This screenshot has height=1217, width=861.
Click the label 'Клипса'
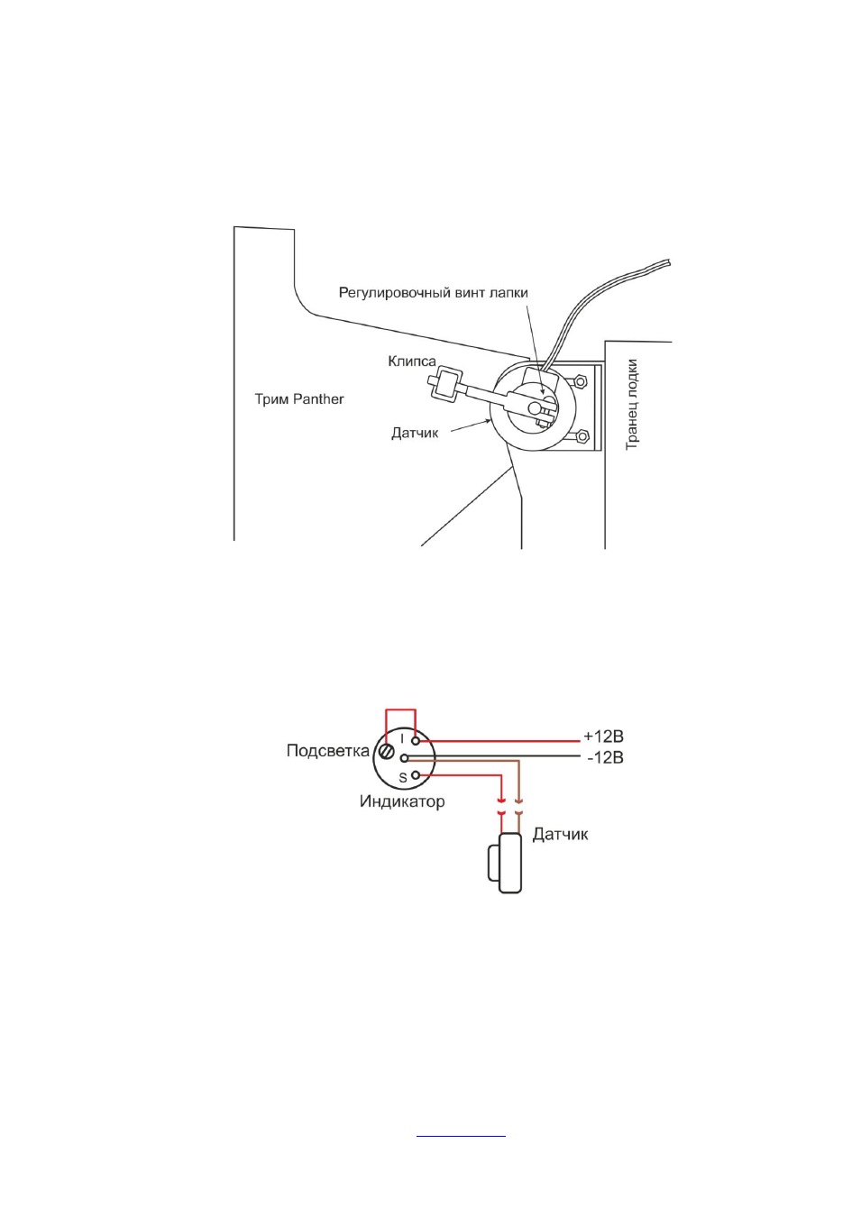tap(412, 361)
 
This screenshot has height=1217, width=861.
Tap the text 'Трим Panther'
tap(299, 399)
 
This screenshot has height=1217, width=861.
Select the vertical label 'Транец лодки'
tap(631, 404)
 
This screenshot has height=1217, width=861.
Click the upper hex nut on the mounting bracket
tap(580, 381)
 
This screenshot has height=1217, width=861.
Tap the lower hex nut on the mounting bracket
tap(582, 435)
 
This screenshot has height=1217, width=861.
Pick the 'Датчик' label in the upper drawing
tap(415, 433)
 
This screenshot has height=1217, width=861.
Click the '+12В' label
tap(603, 737)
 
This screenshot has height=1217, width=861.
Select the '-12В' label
tap(605, 757)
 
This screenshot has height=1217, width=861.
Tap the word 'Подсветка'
tap(327, 751)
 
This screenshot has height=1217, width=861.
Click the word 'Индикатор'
tap(402, 801)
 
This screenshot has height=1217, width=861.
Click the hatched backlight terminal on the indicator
tap(387, 752)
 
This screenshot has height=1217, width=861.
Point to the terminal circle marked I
tap(417, 740)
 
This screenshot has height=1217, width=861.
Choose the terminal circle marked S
tap(417, 775)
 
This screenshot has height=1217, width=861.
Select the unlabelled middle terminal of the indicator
tap(404, 757)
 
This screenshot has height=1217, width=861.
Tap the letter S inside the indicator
tap(403, 778)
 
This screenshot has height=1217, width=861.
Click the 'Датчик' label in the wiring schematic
tap(560, 834)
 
